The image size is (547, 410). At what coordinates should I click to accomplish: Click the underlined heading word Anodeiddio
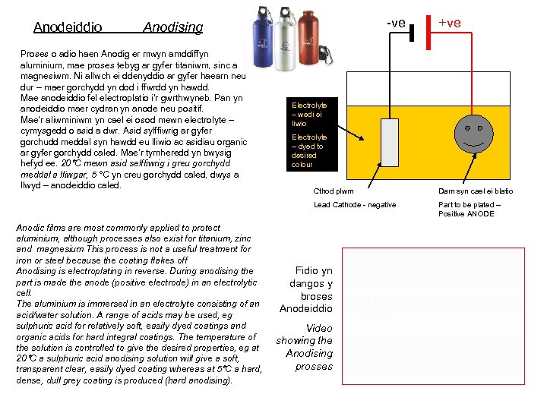coord(68,27)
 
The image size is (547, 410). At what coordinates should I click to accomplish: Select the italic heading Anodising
coord(173,27)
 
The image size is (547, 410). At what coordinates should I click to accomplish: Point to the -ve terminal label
coord(395,23)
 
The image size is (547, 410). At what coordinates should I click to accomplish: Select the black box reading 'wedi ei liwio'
coord(309,114)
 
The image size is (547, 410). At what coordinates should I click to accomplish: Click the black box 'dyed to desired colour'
coord(309,150)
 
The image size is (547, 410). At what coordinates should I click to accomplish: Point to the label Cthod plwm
coord(334,191)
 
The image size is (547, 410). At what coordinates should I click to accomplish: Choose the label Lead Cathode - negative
coord(355,205)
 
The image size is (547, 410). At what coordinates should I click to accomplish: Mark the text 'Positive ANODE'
coord(466,213)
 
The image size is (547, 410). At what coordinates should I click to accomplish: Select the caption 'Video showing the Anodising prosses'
coord(305,347)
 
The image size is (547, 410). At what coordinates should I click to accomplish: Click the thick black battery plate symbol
coord(411,33)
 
